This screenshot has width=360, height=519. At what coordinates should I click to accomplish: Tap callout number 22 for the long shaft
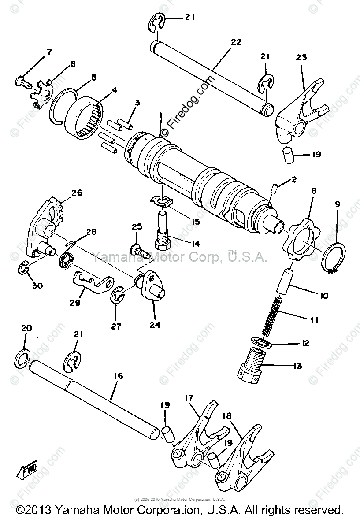[236, 42]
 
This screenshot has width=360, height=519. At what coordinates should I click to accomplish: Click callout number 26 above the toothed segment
[76, 193]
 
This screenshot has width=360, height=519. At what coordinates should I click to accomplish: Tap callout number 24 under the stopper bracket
[155, 326]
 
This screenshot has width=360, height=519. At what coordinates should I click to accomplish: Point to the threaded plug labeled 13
[252, 363]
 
